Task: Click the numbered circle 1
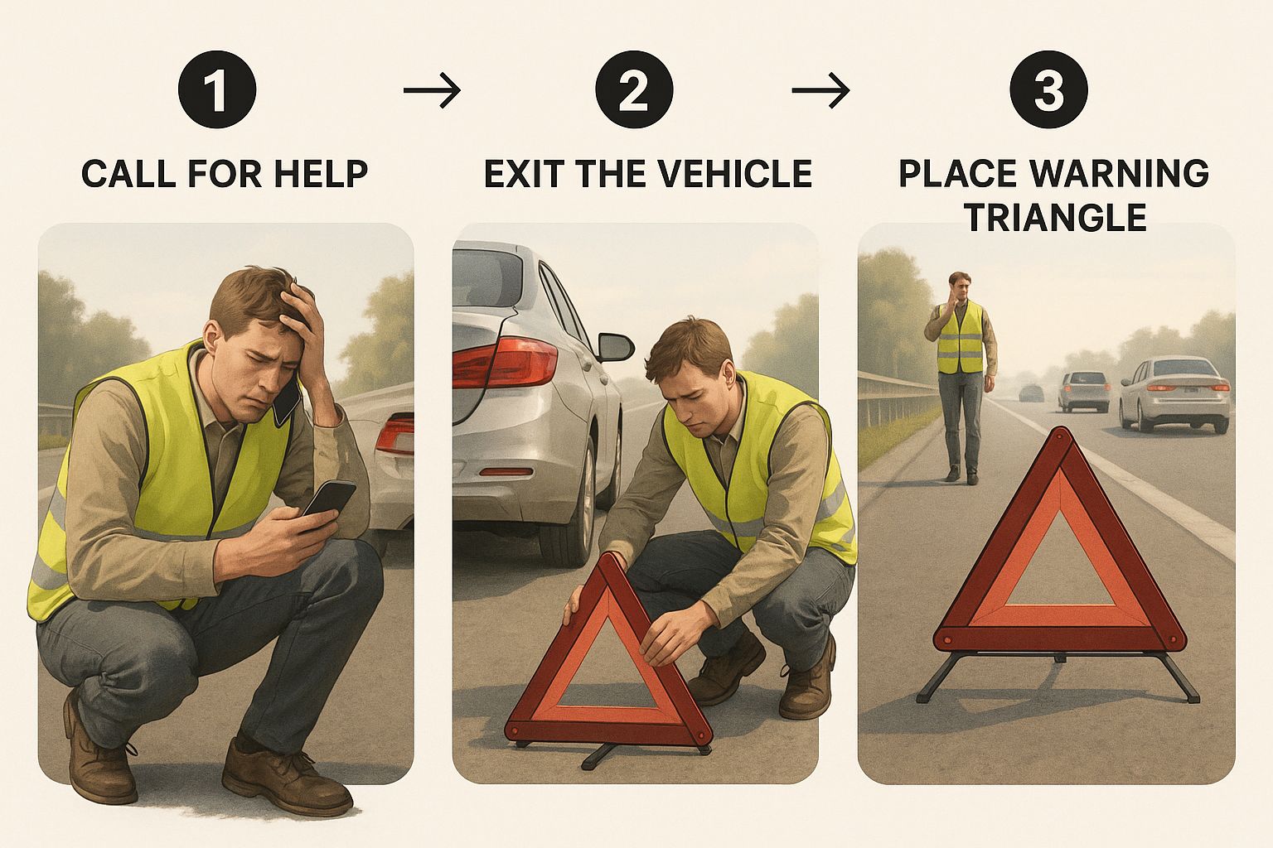pos(217,89)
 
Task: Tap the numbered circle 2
pos(634,89)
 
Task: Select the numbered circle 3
pos(1048,89)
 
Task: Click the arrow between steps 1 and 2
pos(432,89)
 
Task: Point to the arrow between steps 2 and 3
pos(820,89)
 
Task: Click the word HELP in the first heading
pos(321,173)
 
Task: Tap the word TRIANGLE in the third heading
pos(1056,217)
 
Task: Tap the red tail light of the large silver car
pos(505,362)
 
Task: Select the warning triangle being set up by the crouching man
pos(608,659)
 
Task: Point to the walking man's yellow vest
pos(960,338)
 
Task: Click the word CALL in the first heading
pos(128,173)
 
